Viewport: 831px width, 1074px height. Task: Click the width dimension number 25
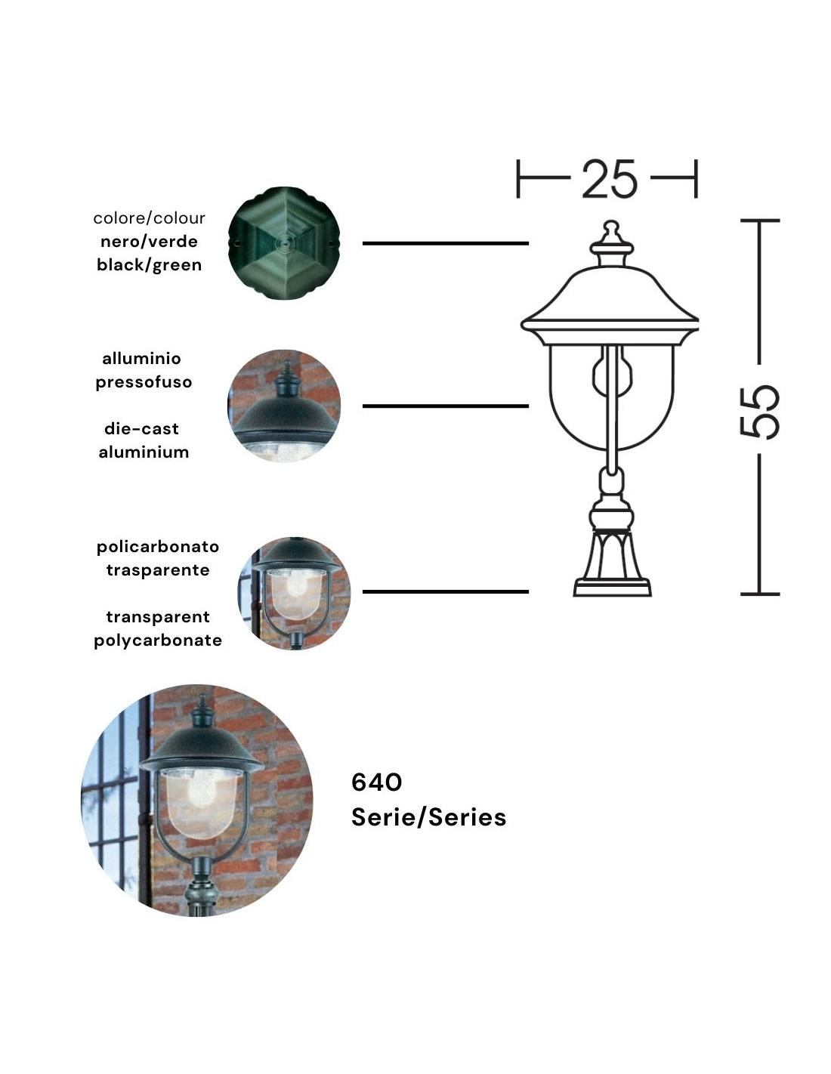[609, 179]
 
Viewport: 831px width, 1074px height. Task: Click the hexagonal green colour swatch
[284, 242]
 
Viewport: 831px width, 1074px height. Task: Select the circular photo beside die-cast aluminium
[284, 406]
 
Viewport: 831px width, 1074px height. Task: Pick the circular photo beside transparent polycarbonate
[295, 593]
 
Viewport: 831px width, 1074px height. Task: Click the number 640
[377, 782]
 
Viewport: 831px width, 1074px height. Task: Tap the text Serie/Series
[428, 817]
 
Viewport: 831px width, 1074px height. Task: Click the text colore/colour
[149, 218]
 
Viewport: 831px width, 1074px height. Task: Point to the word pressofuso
[144, 382]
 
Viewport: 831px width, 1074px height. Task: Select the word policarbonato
[158, 547]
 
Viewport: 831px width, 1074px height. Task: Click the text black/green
[149, 265]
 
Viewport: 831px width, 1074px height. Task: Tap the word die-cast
[141, 428]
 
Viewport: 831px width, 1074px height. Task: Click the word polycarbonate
[158, 640]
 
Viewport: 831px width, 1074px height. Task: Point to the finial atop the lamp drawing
[611, 233]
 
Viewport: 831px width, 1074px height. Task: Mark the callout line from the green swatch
[446, 243]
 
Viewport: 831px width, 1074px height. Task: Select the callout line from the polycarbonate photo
[446, 591]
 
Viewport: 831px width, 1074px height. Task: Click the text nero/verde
[149, 242]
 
